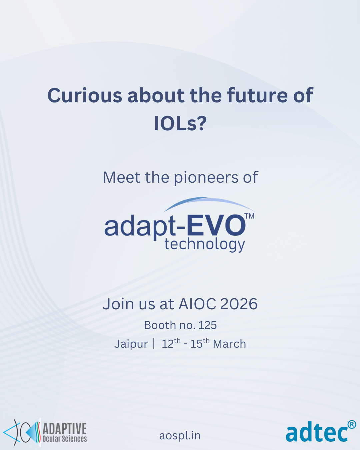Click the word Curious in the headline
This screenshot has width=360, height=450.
tap(85, 96)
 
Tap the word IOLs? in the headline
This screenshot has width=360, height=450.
tap(180, 123)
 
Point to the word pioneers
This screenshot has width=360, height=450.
tap(206, 178)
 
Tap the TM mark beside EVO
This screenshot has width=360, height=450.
tap(250, 216)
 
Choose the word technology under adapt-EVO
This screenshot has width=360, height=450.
tap(205, 244)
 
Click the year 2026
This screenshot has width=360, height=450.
tap(239, 304)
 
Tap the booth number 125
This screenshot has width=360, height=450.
tap(207, 325)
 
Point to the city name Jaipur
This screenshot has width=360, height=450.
tap(131, 344)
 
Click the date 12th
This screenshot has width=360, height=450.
tap(171, 343)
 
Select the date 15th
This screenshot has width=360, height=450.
tap(200, 343)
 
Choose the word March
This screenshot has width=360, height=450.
tap(229, 344)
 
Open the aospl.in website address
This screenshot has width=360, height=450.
tap(180, 436)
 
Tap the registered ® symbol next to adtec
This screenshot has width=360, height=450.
tap(352, 424)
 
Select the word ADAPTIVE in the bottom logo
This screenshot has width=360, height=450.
tap(65, 429)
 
